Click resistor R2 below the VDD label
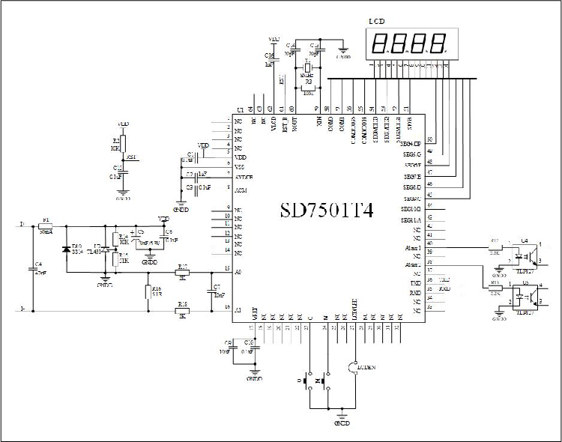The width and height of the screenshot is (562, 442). (124, 145)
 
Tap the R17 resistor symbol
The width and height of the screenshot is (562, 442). (182, 271)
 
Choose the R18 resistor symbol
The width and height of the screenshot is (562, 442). (182, 309)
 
